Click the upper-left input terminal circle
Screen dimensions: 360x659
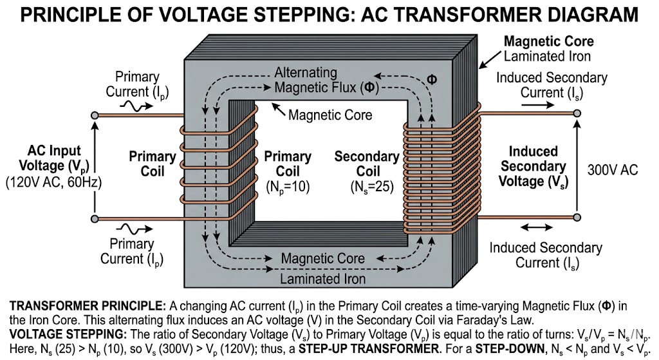click(95, 115)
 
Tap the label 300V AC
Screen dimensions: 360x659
click(613, 170)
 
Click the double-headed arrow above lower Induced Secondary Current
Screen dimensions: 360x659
click(536, 227)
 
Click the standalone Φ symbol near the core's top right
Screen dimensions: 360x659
click(432, 79)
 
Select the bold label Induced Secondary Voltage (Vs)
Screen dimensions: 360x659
click(534, 166)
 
